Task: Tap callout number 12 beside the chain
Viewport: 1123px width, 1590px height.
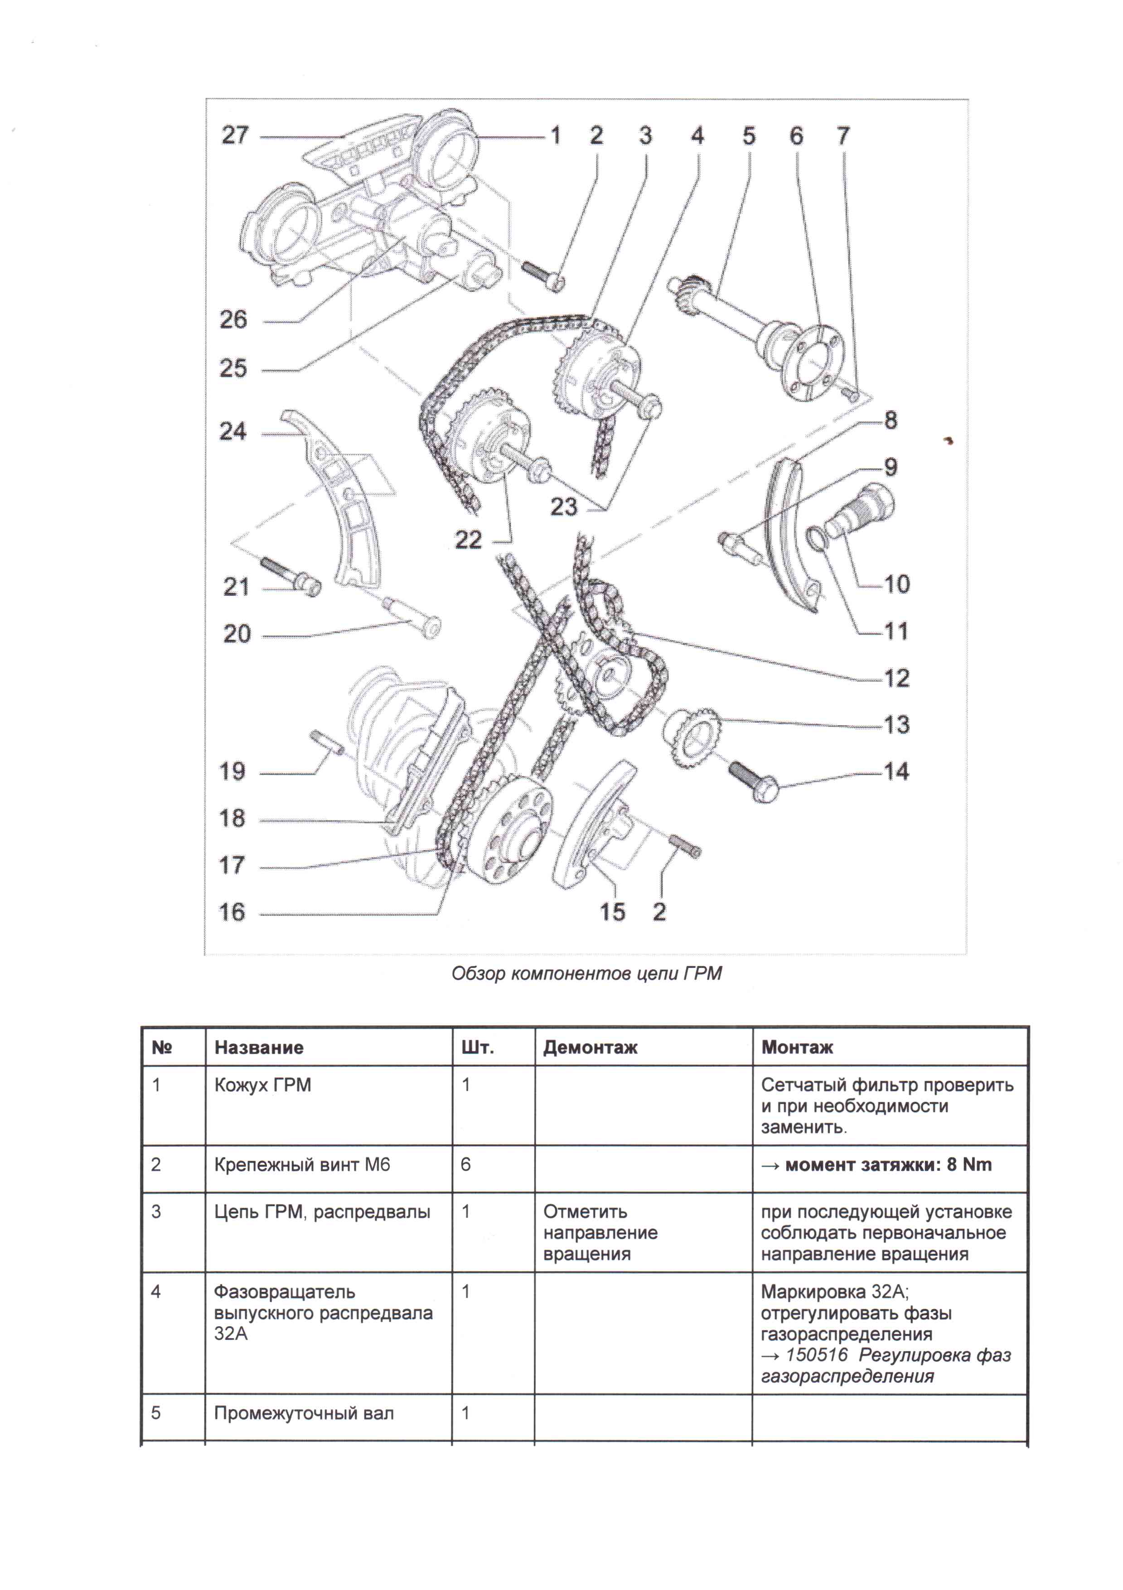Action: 896,677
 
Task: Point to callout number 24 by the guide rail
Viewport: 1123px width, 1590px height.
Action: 233,431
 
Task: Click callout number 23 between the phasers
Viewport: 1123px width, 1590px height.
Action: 563,507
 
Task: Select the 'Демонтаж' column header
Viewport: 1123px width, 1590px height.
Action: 590,1047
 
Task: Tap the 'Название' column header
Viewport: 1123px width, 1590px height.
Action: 258,1047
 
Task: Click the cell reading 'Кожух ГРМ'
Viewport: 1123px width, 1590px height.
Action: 262,1085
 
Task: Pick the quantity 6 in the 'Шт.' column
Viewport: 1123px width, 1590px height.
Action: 465,1165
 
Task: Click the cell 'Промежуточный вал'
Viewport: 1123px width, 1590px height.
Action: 304,1413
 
